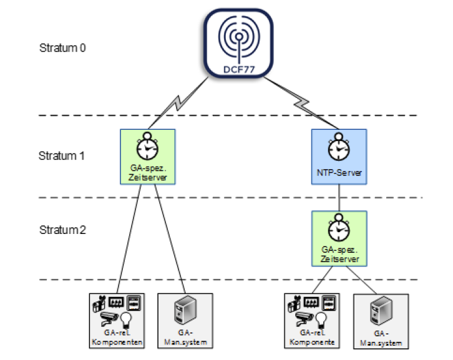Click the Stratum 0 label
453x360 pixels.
(62, 48)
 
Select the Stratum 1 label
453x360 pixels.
(62, 155)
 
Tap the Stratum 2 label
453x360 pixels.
(62, 230)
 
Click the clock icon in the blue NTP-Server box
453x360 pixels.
(338, 147)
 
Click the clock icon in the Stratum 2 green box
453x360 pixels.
(339, 228)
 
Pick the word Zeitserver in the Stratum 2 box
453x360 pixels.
(339, 258)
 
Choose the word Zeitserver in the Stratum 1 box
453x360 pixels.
(147, 177)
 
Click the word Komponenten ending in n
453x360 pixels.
(118, 343)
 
